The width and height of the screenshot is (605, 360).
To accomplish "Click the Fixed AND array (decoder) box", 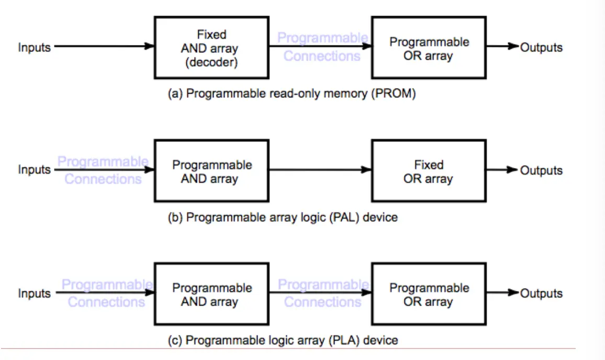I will point(211,48).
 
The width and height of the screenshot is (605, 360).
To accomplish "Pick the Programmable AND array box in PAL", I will point(211,171).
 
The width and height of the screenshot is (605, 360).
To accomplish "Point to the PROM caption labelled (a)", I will point(292,94).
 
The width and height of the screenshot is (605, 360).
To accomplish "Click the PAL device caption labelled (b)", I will point(283,217).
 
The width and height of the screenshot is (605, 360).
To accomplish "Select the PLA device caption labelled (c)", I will point(283,340).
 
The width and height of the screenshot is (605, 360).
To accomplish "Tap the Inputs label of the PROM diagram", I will point(35,48).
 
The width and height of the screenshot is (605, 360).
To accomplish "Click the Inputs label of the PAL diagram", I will point(35,170).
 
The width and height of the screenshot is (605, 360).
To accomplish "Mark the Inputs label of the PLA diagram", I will point(35,294).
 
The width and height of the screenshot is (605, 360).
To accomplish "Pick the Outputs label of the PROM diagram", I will point(541,48).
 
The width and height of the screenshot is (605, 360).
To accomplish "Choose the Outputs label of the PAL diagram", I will point(541,171).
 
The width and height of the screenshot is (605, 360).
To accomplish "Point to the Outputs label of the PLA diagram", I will point(541,294).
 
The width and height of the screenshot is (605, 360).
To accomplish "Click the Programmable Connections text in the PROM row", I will point(322,47).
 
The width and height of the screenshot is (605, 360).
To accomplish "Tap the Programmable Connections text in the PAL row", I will point(103,170).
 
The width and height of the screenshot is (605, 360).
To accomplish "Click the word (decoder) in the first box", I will point(211,63).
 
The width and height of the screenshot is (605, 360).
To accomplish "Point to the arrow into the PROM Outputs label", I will point(502,47).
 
